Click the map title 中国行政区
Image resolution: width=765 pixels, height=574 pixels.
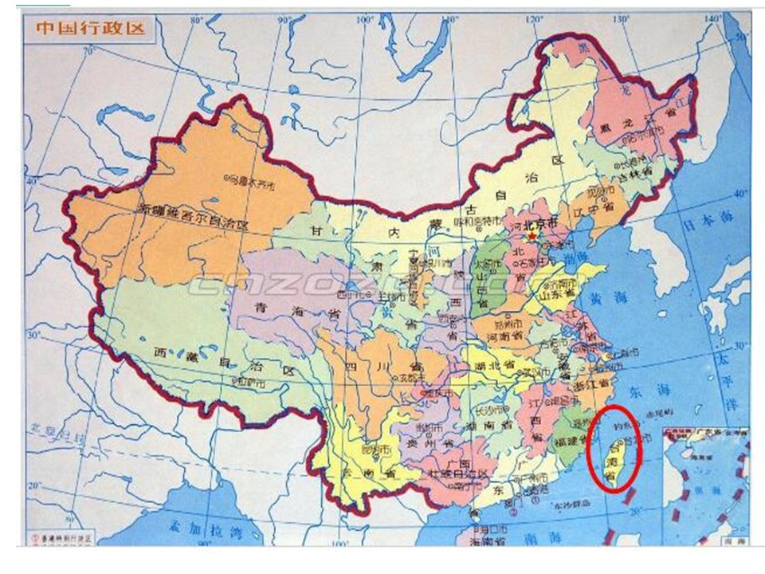pyautogui.click(x=90, y=28)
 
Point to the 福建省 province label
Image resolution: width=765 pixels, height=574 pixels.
pyautogui.click(x=567, y=438)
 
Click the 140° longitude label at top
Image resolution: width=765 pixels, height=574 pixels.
pyautogui.click(x=713, y=18)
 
